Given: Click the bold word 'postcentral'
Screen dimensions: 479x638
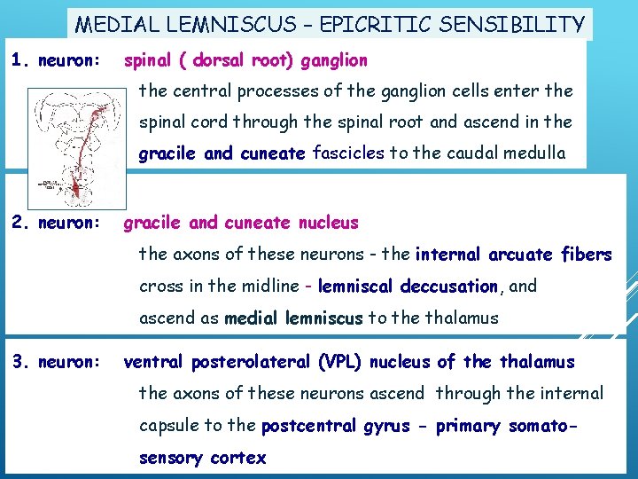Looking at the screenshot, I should click(308, 425).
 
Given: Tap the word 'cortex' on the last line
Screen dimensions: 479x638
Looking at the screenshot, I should click(237, 458).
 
